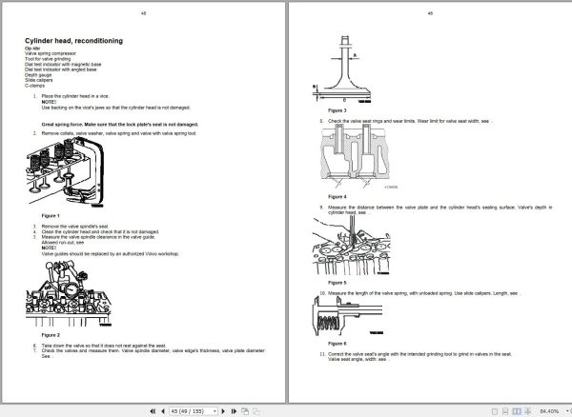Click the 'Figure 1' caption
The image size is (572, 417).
pos(39,216)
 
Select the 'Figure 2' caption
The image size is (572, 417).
pos(39,335)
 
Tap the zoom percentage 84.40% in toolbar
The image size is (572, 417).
pos(547,410)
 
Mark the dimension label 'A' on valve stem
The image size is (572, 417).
pos(355,55)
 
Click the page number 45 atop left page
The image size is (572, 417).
pos(143,14)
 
